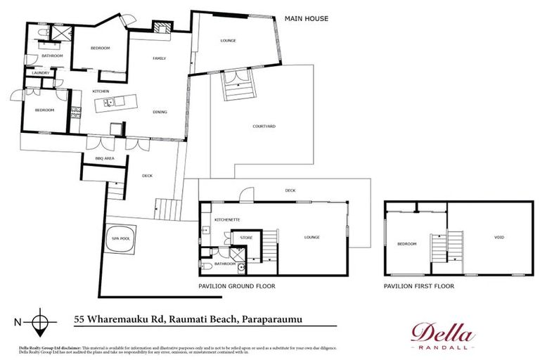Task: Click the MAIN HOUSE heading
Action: pyautogui.click(x=306, y=18)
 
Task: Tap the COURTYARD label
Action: pyautogui.click(x=264, y=127)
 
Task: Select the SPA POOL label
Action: pyautogui.click(x=120, y=239)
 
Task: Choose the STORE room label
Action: pyautogui.click(x=247, y=238)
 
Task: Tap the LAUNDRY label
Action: pyautogui.click(x=39, y=72)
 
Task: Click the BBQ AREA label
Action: pyautogui.click(x=105, y=159)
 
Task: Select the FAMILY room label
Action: pyautogui.click(x=160, y=58)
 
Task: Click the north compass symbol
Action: pyautogui.click(x=41, y=322)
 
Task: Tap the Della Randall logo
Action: pyautogui.click(x=442, y=335)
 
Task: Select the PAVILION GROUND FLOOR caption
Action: pyautogui.click(x=236, y=286)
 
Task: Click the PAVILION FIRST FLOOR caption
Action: pyautogui.click(x=419, y=286)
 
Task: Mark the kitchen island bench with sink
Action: pyautogui.click(x=110, y=103)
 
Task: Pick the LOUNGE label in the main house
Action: pyautogui.click(x=228, y=41)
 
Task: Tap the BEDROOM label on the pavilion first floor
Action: pyautogui.click(x=406, y=244)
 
